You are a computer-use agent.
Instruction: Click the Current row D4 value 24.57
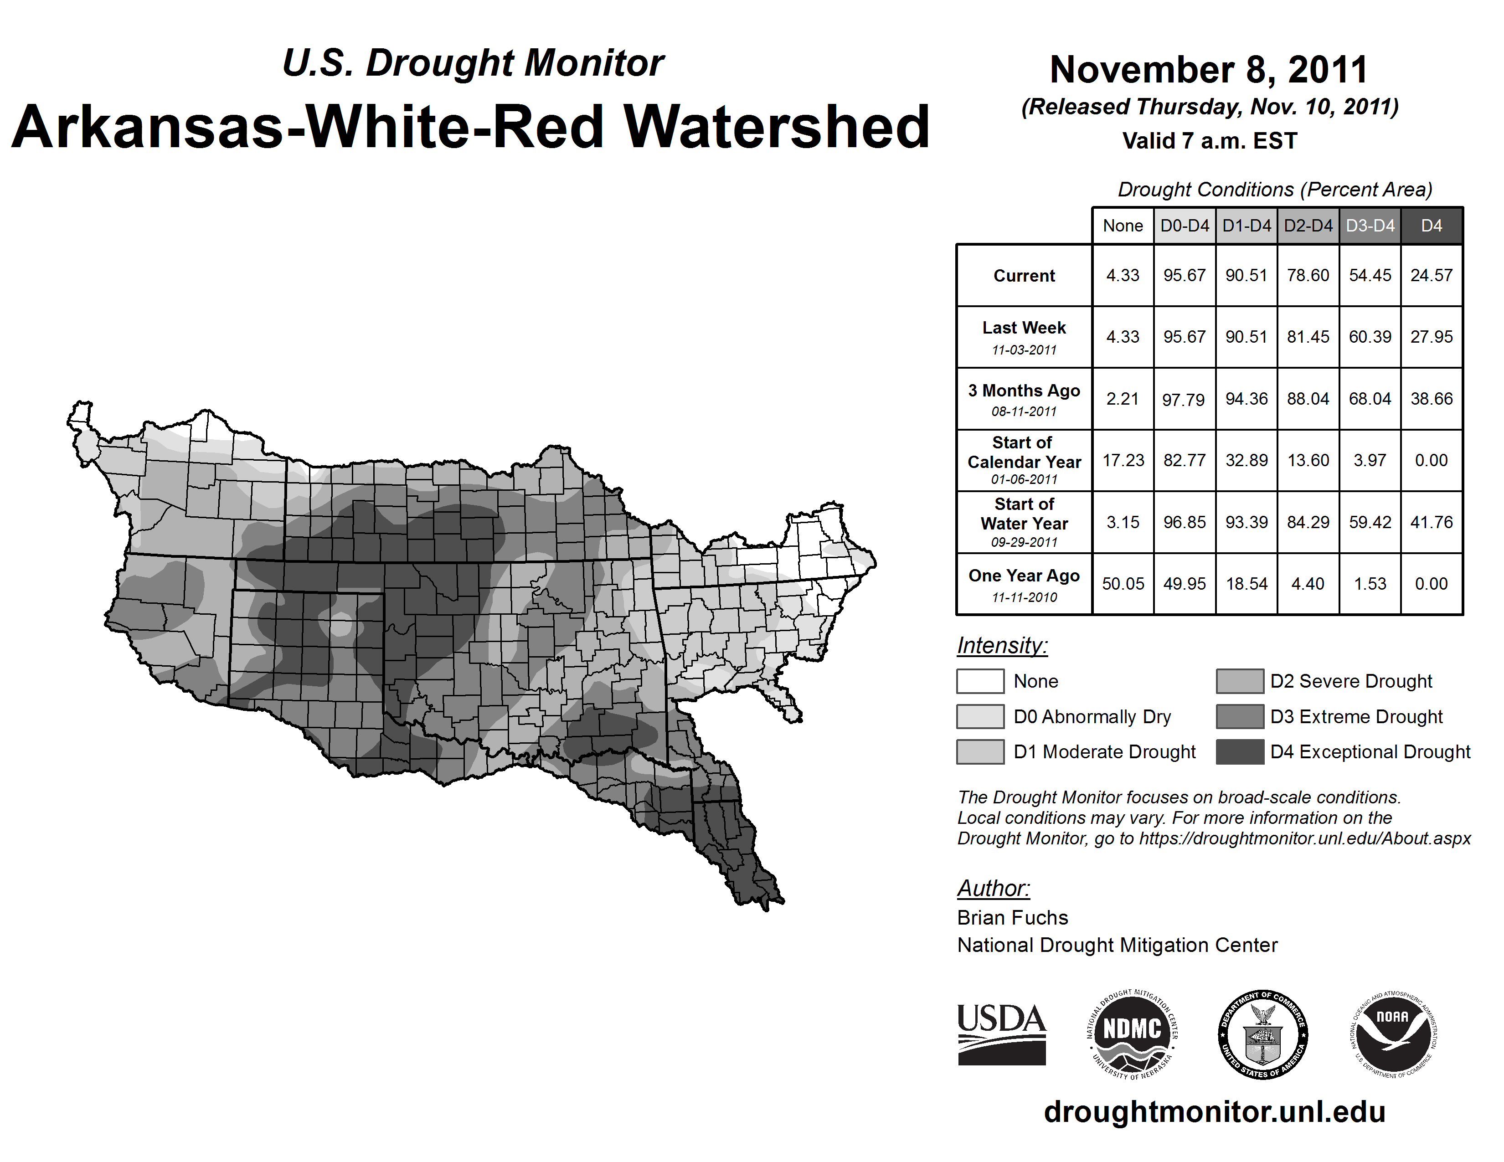pos(1431,275)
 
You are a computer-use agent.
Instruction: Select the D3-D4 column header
pos(1370,226)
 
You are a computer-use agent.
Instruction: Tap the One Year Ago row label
pos(1024,584)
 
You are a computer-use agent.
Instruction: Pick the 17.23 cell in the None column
pos(1123,460)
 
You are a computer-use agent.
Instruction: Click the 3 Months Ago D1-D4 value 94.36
pos(1246,399)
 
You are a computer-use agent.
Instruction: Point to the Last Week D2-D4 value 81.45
pos(1308,337)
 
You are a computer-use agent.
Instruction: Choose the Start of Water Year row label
pos(1024,522)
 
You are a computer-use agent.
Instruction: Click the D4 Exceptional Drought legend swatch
pos(1240,752)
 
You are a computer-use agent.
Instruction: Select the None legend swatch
pos(980,681)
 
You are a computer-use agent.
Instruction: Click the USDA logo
pos(1001,1034)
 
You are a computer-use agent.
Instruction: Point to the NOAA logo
pos(1392,1034)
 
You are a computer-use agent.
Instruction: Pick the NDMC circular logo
pos(1132,1034)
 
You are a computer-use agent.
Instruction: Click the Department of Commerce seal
pos(1262,1034)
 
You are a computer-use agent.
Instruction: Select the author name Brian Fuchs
pos(1012,918)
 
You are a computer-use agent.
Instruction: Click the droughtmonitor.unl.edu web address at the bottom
pos(1214,1112)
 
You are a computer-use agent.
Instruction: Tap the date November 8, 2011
pos(1209,70)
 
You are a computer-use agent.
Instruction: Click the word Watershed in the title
pos(776,127)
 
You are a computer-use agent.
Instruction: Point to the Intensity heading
pos(1002,646)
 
